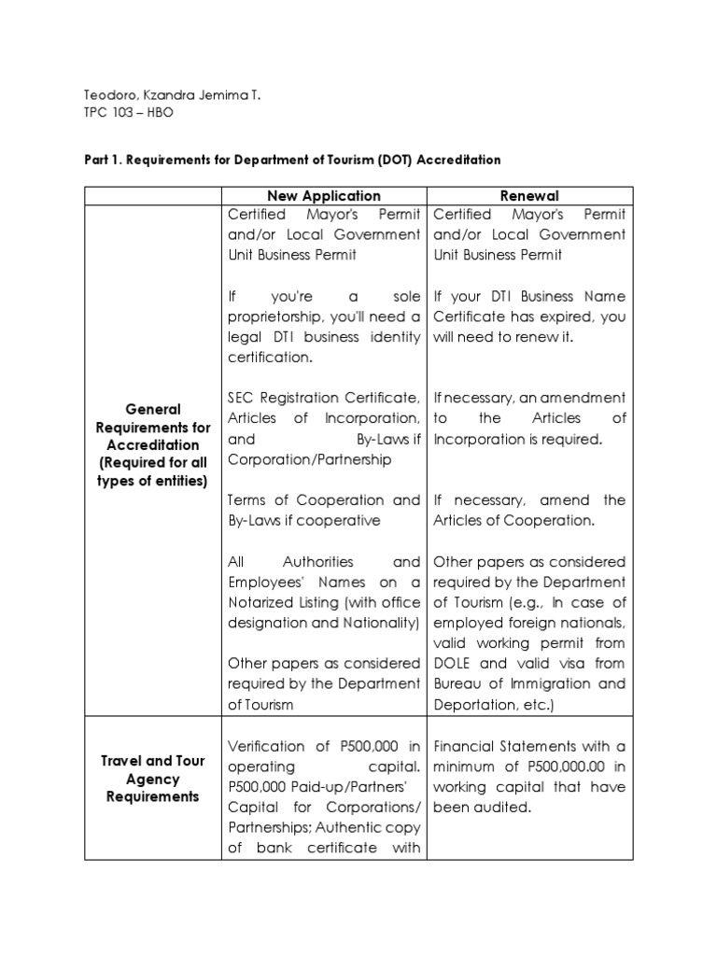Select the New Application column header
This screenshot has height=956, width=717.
324,195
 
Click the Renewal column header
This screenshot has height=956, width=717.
529,195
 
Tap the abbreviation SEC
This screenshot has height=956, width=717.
242,399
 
